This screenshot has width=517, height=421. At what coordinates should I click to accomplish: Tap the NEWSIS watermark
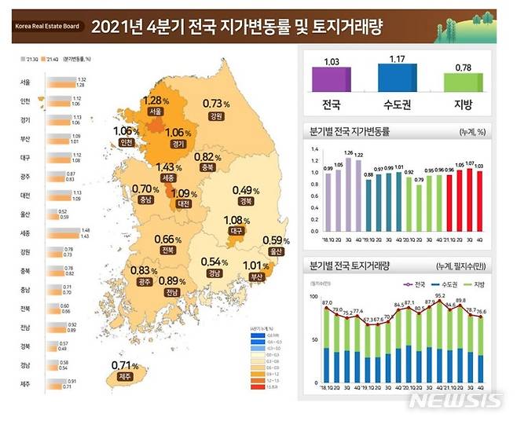click(456, 400)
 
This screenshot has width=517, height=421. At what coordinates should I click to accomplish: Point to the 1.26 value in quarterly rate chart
click(347, 153)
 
